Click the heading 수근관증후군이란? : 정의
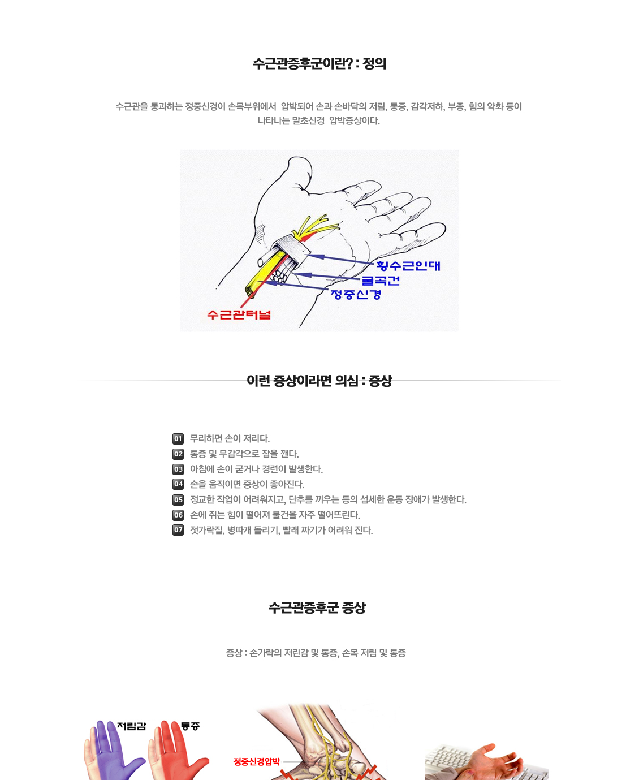319,63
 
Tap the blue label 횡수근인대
408,266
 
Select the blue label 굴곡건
381,281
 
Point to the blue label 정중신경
356,294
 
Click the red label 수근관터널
239,315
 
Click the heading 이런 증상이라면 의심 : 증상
319,381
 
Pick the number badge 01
178,439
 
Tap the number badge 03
178,469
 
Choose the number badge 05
178,500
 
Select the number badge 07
178,530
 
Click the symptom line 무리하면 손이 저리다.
230,439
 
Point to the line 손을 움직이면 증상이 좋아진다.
247,485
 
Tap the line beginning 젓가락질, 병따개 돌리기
281,531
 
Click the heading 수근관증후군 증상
317,607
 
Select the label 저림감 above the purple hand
131,726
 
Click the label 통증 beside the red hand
191,726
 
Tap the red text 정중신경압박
256,762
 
